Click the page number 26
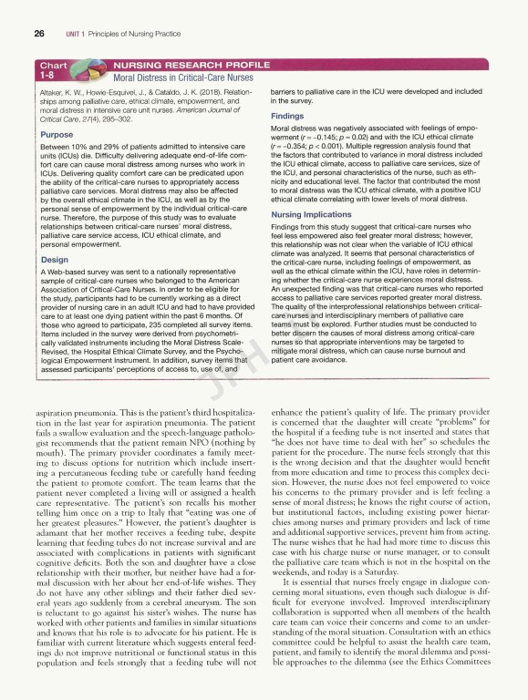coord(39,33)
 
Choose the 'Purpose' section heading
coord(57,134)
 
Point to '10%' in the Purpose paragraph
coord(88,146)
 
